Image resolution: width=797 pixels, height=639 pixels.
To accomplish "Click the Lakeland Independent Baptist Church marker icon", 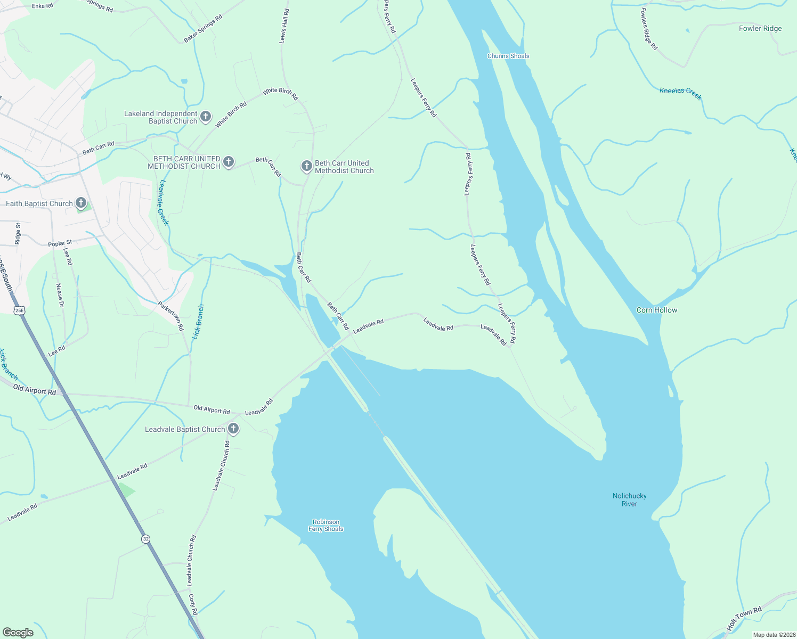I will click(x=206, y=117).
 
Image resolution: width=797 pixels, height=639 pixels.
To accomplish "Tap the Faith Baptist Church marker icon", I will click(x=81, y=203).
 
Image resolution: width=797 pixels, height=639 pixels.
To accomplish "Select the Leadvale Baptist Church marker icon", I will click(x=233, y=429).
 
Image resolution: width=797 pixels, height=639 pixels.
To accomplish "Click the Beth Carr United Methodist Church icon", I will click(x=306, y=166).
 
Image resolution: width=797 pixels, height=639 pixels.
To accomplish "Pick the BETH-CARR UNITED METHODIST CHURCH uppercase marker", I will click(x=229, y=162).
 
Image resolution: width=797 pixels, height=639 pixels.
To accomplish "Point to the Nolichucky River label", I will click(x=629, y=499).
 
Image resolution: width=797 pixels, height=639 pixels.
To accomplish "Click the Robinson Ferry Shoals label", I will click(x=326, y=526).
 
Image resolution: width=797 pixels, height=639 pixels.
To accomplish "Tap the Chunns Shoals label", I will click(x=508, y=56).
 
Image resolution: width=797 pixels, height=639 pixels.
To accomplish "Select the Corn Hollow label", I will click(x=657, y=310).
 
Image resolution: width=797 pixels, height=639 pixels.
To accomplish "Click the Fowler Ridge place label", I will click(x=760, y=28).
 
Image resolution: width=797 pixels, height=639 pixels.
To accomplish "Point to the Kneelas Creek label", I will click(x=680, y=94).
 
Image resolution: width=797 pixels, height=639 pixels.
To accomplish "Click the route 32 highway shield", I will click(x=146, y=539).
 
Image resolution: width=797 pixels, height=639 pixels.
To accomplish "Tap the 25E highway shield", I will click(x=20, y=310).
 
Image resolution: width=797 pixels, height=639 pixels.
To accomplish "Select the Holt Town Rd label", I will click(x=744, y=618).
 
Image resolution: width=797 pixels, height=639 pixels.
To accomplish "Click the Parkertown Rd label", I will click(x=170, y=316).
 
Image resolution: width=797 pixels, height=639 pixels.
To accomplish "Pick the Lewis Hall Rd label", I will click(x=284, y=26).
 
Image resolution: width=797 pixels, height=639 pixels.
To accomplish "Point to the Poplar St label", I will click(x=60, y=243).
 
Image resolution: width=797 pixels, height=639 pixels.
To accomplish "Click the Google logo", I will click(x=18, y=632).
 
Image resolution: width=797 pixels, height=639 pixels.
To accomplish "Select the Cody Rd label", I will click(x=193, y=605).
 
